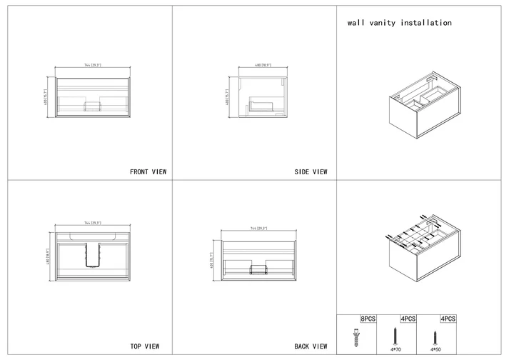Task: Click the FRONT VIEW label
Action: (148, 172)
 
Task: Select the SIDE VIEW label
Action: (311, 172)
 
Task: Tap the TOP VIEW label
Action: (144, 346)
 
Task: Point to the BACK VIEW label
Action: (311, 346)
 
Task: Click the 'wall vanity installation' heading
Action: (399, 23)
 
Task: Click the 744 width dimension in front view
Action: (93, 65)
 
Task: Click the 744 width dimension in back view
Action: (258, 229)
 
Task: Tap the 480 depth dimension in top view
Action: (48, 254)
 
